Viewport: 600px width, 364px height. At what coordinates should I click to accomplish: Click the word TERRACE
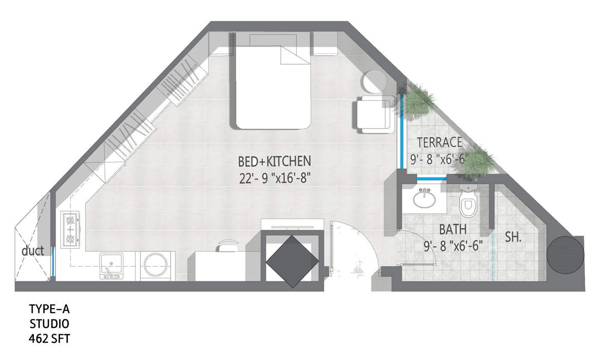[440, 142]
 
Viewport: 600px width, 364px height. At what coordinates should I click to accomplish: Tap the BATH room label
[453, 230]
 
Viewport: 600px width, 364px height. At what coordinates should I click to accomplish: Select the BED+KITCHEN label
[275, 161]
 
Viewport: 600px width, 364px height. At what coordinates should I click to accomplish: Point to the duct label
[33, 251]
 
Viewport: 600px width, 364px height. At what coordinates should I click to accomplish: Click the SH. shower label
[513, 237]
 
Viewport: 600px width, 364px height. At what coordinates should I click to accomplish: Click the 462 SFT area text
[49, 339]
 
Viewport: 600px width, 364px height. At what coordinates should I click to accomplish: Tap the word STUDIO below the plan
[49, 324]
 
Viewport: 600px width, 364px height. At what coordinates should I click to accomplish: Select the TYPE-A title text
[49, 309]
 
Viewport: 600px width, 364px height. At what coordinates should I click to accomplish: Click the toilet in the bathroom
[468, 201]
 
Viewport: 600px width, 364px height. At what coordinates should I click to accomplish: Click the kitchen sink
[111, 266]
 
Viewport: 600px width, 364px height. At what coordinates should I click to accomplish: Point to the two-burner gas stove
[70, 230]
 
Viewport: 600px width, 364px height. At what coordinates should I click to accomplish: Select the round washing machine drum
[156, 265]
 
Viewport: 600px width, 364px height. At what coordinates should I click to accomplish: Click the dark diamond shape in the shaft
[292, 262]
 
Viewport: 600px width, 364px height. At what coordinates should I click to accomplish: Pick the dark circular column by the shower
[565, 255]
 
